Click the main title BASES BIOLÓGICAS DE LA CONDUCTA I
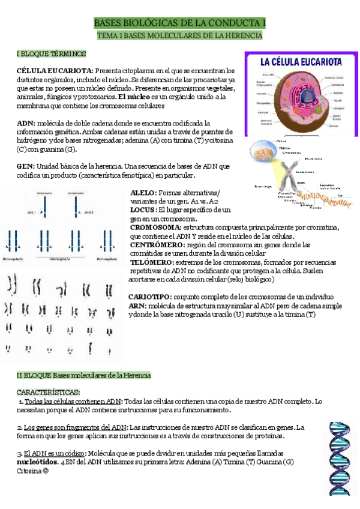[x=180, y=23]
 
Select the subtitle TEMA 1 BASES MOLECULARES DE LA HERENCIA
[x=180, y=36]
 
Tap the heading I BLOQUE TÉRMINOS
[x=51, y=54]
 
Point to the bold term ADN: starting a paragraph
[x=25, y=122]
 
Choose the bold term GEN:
[x=26, y=166]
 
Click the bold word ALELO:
[x=143, y=192]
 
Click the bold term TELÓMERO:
[x=152, y=262]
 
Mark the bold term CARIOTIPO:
[x=149, y=297]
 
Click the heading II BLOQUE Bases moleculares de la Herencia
[x=83, y=375]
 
